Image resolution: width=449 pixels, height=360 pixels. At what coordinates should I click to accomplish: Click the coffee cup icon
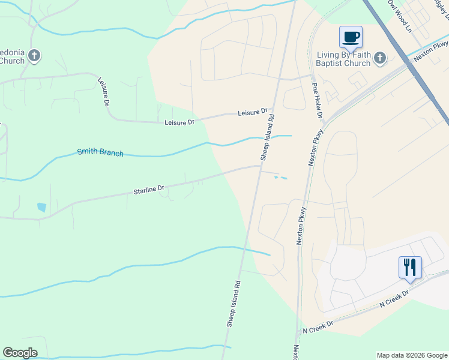coord(351,37)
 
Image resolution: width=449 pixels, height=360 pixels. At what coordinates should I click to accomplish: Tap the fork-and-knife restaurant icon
coord(410,268)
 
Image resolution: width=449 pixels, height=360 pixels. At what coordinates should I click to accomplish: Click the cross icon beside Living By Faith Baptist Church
coord(379,58)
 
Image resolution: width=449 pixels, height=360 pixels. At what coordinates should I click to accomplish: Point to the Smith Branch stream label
coord(100,152)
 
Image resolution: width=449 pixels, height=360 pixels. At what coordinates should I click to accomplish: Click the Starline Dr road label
coord(149,190)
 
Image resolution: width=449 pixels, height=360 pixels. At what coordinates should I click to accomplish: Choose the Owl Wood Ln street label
coord(401,16)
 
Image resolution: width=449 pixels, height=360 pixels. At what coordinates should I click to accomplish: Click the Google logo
coord(20,353)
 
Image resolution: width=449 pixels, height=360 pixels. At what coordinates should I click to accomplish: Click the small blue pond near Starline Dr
coord(41,208)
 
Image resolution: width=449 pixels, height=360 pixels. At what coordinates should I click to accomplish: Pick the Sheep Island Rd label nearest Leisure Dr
coord(268,137)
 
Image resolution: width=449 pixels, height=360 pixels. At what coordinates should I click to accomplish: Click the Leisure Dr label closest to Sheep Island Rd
coord(252,112)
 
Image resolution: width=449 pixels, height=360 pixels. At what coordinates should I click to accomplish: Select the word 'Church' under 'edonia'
coord(12,61)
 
